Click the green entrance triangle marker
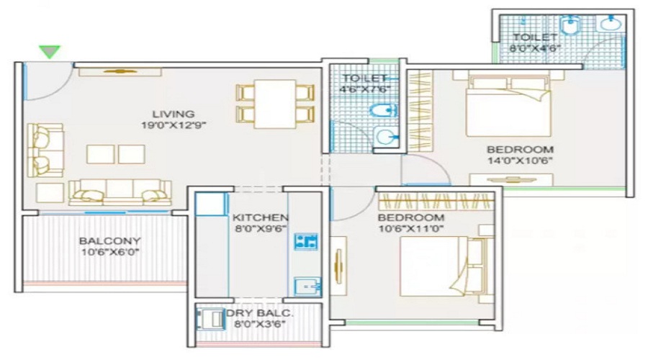pos(50,52)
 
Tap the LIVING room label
pos(173,114)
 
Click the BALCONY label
pos(110,240)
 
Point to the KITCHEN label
pos(260,217)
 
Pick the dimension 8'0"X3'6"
pos(260,324)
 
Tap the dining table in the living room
pos(275,104)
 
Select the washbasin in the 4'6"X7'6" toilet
pos(384,136)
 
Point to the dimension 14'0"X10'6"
pos(520,161)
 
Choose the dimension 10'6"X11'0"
pos(411,228)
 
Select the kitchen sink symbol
pos(306,287)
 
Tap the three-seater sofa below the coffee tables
pos(120,192)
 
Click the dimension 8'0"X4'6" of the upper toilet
pos(535,48)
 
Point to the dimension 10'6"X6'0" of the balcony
pos(110,252)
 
